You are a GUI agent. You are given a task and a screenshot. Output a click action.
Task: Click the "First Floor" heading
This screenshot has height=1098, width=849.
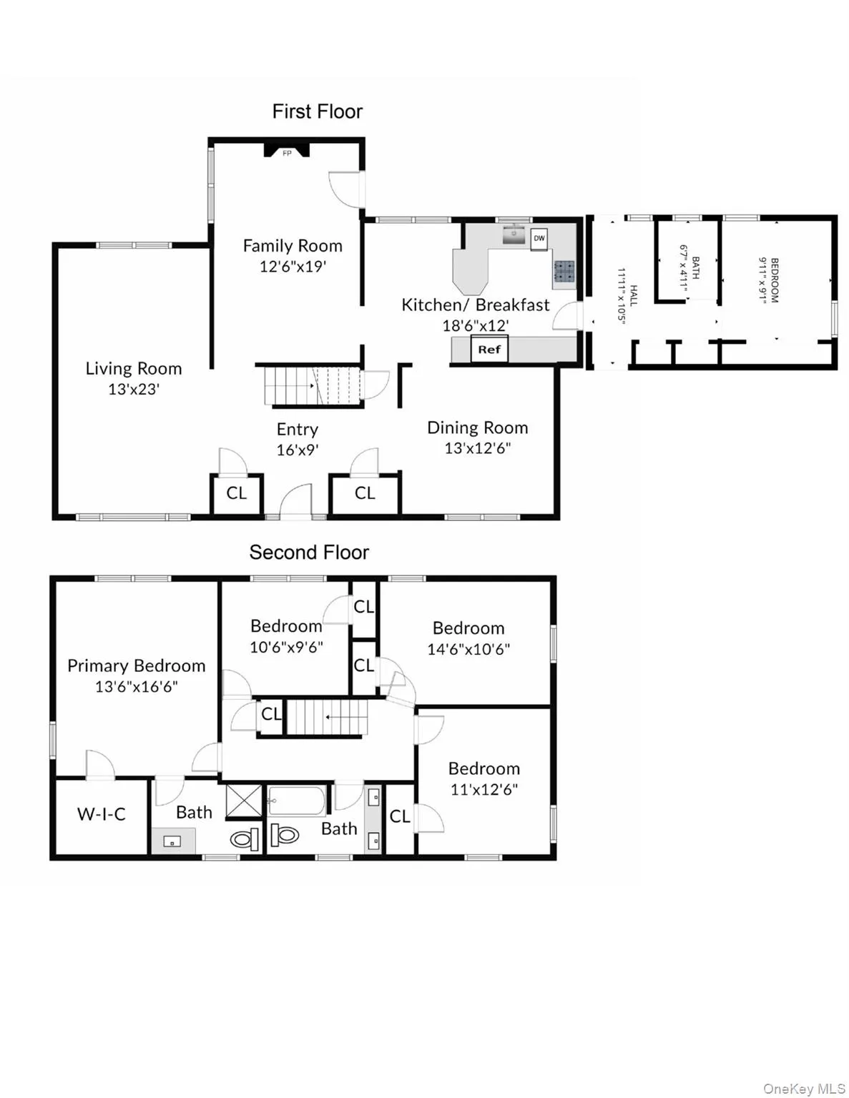click(x=317, y=112)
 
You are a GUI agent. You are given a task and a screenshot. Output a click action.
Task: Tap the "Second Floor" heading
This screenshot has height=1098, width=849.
click(x=309, y=553)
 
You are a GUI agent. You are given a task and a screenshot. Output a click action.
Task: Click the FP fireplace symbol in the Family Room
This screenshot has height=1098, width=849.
click(x=287, y=151)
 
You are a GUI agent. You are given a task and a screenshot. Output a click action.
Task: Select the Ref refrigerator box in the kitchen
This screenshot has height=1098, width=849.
click(x=489, y=350)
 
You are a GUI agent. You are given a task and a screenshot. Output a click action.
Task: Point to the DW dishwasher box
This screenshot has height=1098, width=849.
click(x=539, y=239)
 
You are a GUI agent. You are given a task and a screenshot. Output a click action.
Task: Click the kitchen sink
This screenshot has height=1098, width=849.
click(x=514, y=234)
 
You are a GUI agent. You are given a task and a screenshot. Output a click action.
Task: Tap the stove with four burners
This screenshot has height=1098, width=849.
click(x=563, y=271)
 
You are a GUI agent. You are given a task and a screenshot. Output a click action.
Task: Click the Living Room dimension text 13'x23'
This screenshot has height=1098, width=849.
click(x=134, y=390)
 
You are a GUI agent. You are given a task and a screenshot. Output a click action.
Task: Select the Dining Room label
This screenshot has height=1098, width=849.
click(x=477, y=427)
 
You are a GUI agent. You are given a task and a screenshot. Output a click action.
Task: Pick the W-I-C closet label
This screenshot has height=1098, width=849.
click(x=102, y=814)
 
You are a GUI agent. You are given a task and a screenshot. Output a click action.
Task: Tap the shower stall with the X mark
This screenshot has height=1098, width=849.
click(x=244, y=801)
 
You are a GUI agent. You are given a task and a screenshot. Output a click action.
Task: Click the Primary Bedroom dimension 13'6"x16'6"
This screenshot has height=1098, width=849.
click(x=136, y=687)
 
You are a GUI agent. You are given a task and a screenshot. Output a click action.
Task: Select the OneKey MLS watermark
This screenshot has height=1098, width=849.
click(x=804, y=1089)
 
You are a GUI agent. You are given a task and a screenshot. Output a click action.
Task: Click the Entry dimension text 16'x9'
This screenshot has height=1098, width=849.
click(x=298, y=450)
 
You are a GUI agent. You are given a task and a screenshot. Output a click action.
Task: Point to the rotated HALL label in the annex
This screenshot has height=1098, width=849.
click(x=633, y=296)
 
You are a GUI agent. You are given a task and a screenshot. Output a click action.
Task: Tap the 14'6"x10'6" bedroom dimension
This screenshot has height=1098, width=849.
click(x=468, y=650)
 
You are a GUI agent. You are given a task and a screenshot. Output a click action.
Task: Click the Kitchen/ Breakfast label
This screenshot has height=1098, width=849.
click(x=476, y=305)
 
